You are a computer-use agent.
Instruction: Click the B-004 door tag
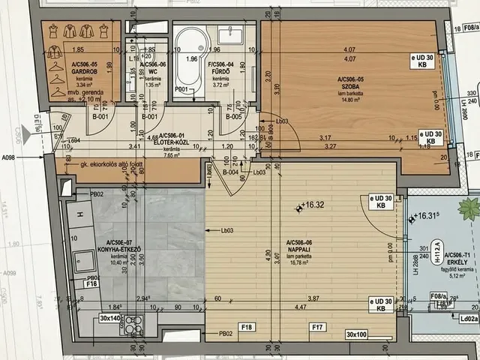pos(230,172)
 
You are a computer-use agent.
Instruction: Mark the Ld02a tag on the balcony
pos(469,318)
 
